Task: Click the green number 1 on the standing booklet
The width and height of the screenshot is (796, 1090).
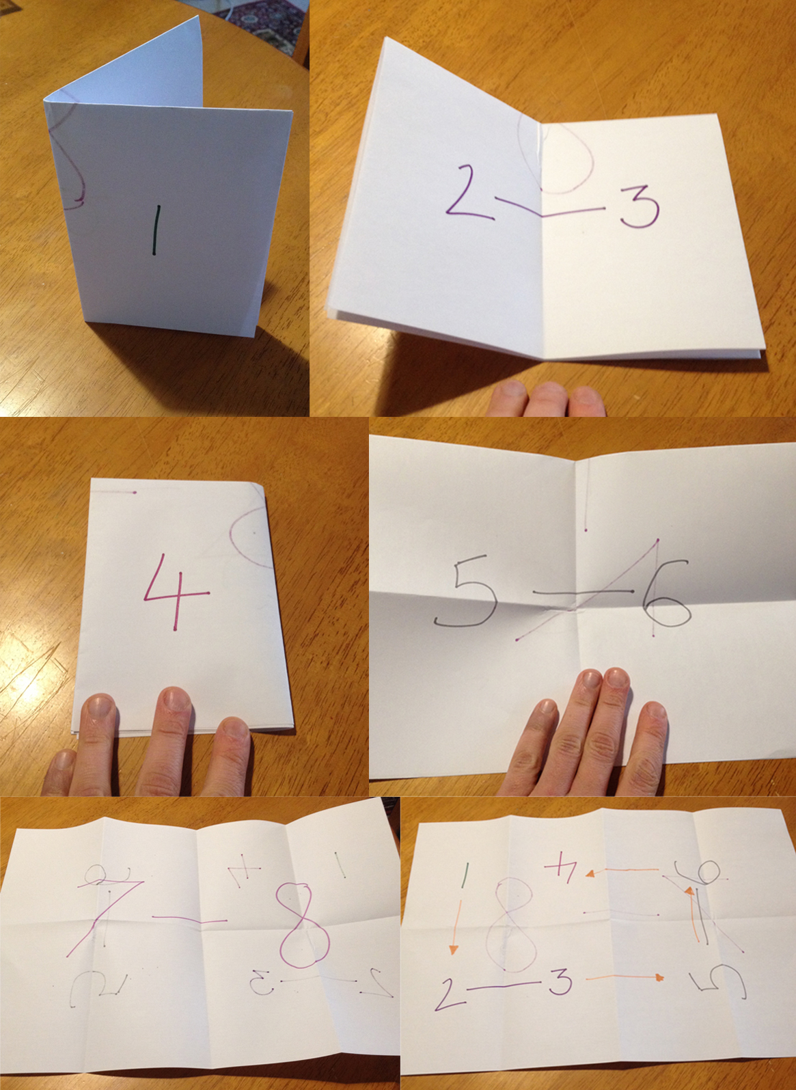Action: tap(157, 230)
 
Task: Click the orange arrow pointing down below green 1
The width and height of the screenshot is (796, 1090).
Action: tap(455, 926)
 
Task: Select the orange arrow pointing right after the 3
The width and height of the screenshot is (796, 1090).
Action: tap(625, 977)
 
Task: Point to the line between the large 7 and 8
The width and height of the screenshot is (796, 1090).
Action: tap(189, 920)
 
